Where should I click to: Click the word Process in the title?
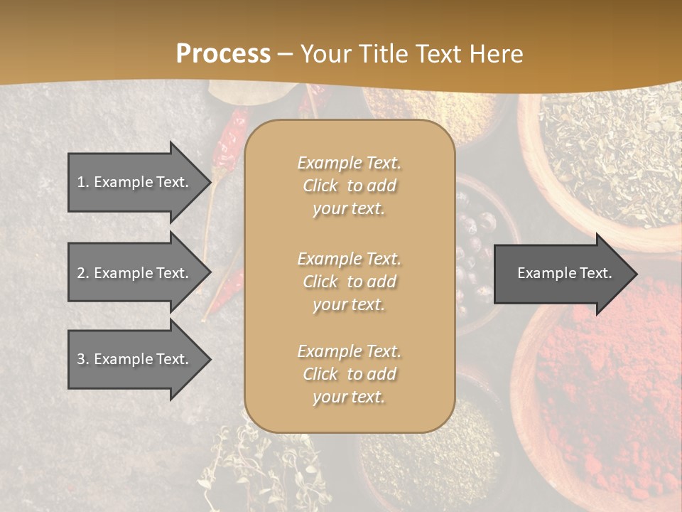click(223, 53)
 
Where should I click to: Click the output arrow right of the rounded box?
click(561, 273)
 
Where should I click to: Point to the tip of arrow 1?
click(210, 182)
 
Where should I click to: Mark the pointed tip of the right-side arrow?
click(636, 273)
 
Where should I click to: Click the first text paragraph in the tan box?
click(349, 186)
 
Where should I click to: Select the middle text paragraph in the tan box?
click(349, 282)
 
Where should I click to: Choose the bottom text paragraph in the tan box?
click(349, 374)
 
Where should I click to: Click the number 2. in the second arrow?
click(83, 273)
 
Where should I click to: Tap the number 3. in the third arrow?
click(83, 359)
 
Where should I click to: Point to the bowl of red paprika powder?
click(604, 398)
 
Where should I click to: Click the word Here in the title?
click(497, 53)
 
